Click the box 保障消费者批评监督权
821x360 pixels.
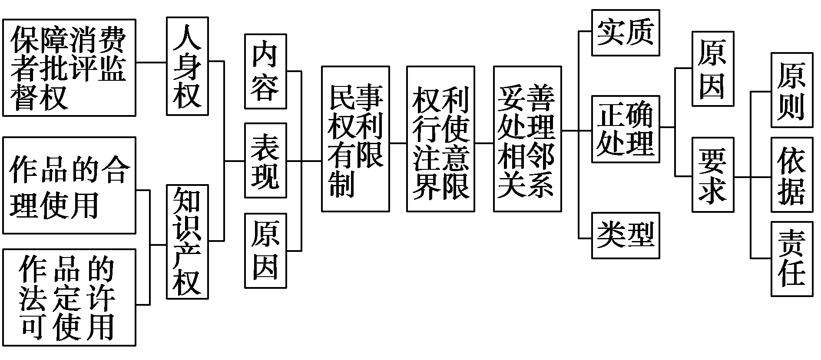[69, 68]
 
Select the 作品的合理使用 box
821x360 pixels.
[69, 185]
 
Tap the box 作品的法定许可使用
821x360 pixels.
[69, 297]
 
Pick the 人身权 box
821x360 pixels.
[187, 66]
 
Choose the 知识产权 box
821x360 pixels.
[187, 242]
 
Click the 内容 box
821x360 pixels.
[265, 71]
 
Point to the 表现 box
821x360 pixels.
[265, 161]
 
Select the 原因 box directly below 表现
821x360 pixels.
[265, 251]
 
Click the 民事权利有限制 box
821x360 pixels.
[355, 139]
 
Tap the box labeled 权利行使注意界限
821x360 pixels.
[440, 139]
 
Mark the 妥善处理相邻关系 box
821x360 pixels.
[527, 139]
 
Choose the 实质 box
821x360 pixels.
[626, 33]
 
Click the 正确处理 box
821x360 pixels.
[626, 129]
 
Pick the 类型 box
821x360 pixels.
[626, 236]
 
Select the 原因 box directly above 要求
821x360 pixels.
[713, 69]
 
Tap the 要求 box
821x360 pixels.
[713, 175]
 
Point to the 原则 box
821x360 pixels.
[791, 90]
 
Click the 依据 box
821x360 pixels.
[791, 175]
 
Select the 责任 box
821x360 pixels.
[791, 259]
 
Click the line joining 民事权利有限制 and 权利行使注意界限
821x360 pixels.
[398, 142]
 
